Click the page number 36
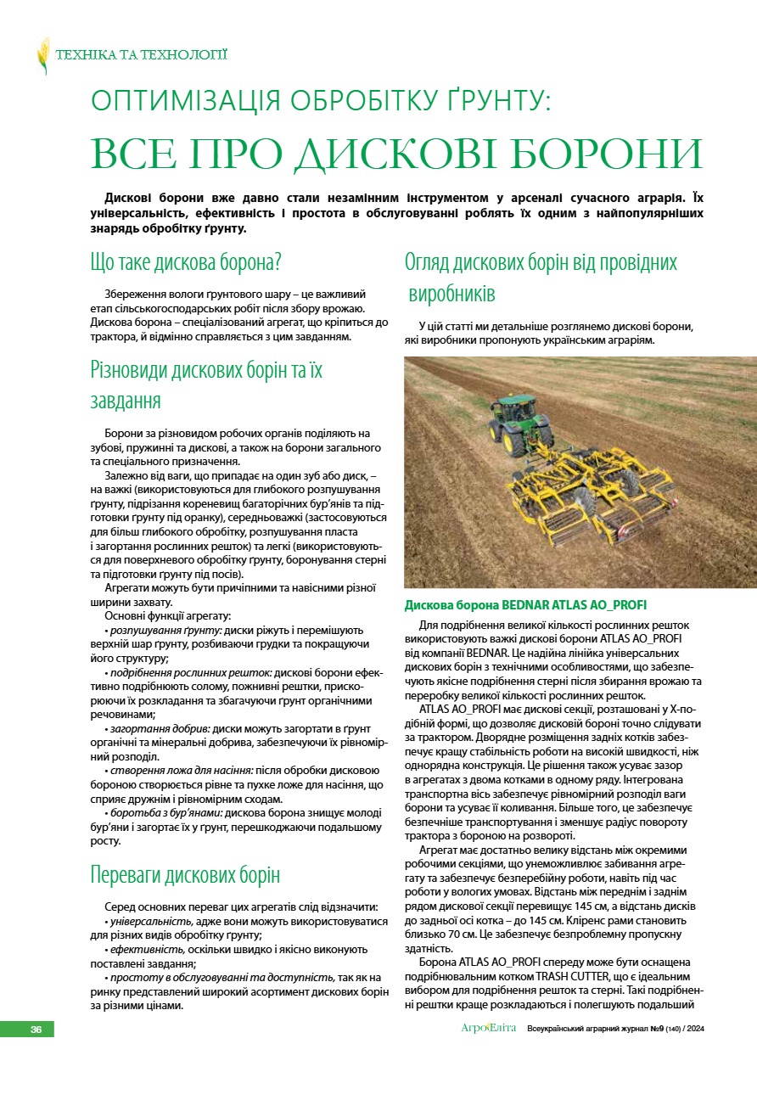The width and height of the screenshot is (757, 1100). [36, 1029]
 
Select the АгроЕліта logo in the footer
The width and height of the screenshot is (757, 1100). [489, 1029]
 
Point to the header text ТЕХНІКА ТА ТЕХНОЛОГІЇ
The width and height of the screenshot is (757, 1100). [141, 55]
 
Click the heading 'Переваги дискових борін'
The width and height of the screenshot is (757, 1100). [185, 875]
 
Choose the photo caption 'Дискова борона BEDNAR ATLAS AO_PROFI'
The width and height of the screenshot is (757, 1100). [525, 605]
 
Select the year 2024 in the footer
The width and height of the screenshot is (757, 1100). [694, 1029]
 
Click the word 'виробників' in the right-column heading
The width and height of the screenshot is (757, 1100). [453, 295]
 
